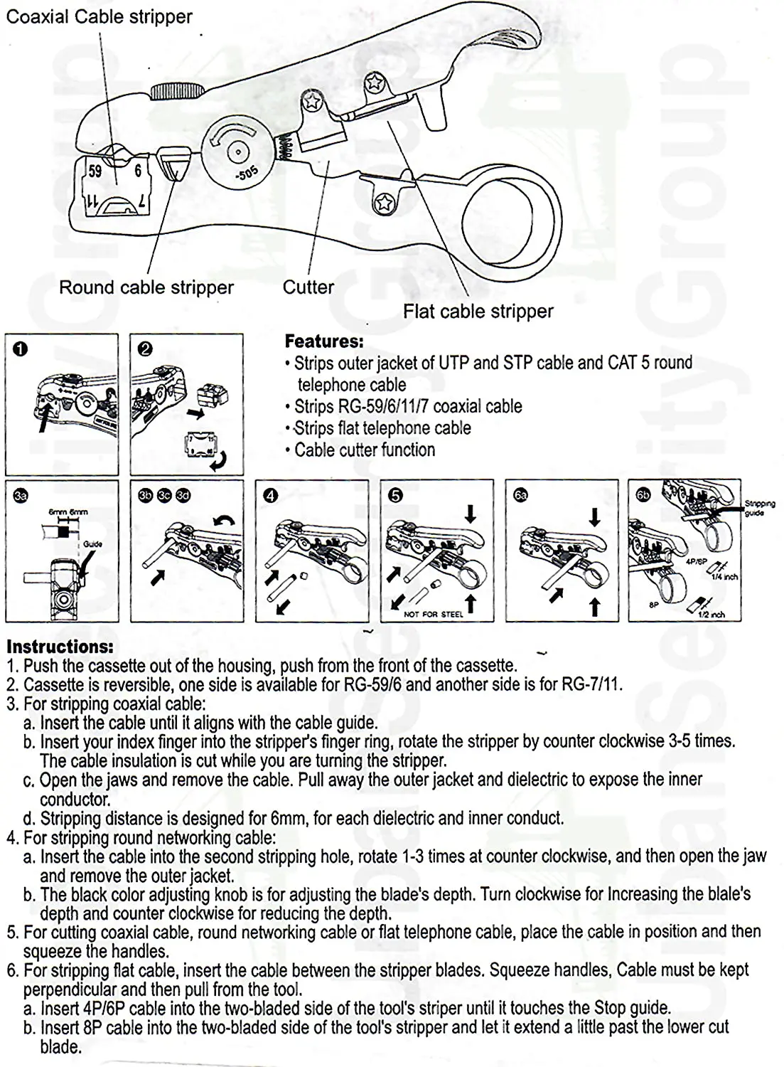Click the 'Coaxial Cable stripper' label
[x=99, y=16]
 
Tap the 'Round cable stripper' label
[x=146, y=287]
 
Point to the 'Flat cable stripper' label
[x=478, y=311]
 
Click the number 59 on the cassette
[x=95, y=171]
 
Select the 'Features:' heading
[x=323, y=341]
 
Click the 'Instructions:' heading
[x=60, y=647]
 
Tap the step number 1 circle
[x=21, y=349]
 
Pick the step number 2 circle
[x=145, y=349]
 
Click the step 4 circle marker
[x=270, y=496]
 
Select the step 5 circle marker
[x=395, y=496]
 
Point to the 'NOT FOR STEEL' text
[x=433, y=614]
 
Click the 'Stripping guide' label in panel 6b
[x=759, y=507]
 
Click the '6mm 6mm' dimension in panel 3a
[x=68, y=512]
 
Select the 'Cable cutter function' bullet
[x=364, y=450]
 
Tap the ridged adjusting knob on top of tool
[x=176, y=90]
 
